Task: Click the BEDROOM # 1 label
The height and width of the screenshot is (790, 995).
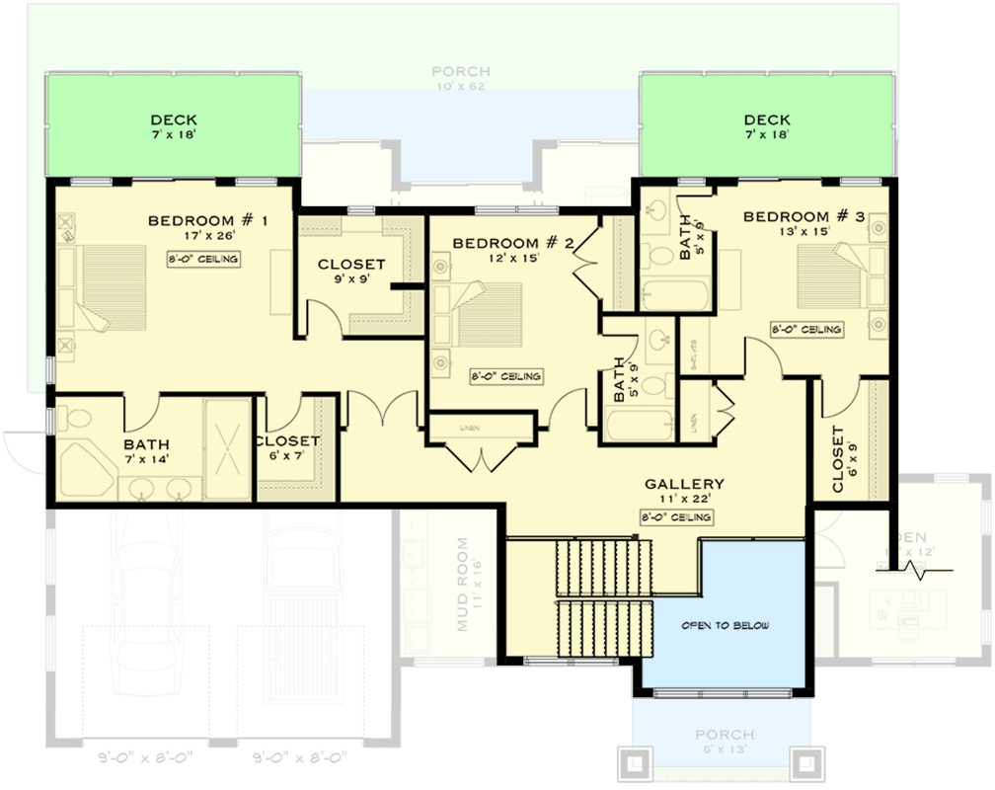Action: click(x=207, y=220)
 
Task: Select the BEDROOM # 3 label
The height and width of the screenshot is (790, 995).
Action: click(x=804, y=217)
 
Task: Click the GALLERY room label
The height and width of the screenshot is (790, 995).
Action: click(x=684, y=484)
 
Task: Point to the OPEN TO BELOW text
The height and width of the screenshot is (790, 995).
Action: click(x=725, y=626)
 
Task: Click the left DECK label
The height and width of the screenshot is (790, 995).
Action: click(x=174, y=120)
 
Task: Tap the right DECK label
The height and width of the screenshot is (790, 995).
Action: click(x=767, y=120)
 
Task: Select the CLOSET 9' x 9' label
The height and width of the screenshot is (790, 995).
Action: click(x=350, y=265)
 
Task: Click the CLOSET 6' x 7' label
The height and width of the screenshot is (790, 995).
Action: click(x=287, y=441)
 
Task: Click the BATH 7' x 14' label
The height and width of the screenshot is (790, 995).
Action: click(x=146, y=445)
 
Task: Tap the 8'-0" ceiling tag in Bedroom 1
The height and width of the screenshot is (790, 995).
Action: click(x=203, y=259)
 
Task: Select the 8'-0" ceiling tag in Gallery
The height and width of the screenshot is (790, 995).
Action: click(x=677, y=517)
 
